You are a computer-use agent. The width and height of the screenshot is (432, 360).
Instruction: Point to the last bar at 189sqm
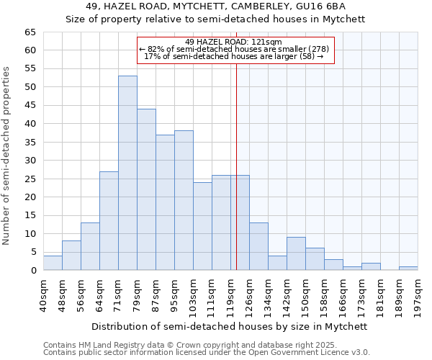408,269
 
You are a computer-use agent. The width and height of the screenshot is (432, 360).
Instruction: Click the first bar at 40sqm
53,263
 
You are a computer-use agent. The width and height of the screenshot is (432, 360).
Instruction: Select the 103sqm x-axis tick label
194,295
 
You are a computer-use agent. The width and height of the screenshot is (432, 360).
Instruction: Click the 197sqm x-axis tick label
418,295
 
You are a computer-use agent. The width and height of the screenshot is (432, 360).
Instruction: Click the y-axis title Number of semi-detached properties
7,156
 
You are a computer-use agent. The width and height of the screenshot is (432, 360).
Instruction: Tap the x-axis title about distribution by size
230,326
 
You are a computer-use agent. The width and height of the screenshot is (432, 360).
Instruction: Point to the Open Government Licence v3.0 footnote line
207,353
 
